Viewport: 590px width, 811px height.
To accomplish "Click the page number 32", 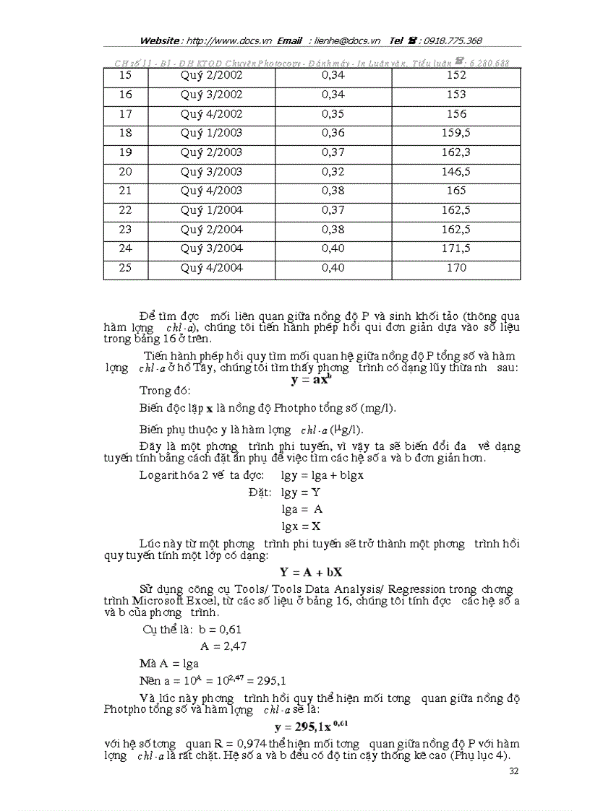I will (x=513, y=771).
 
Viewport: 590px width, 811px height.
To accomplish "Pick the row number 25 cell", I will (x=125, y=268).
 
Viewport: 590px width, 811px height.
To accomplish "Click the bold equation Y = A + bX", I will (x=311, y=572).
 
